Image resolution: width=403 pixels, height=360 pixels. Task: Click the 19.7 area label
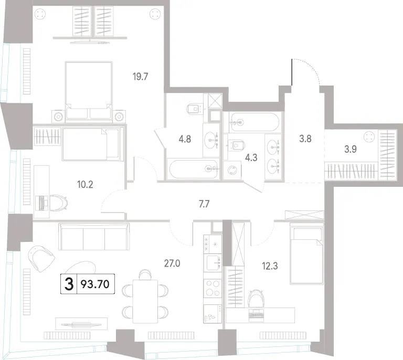pyautogui.click(x=140, y=76)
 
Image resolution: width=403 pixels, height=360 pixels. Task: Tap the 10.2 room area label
pyautogui.click(x=85, y=184)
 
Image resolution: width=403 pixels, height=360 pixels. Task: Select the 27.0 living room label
pyautogui.click(x=172, y=263)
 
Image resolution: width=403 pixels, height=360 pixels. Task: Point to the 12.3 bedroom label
pyautogui.click(x=270, y=266)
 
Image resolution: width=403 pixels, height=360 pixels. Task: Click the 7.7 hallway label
pyautogui.click(x=204, y=204)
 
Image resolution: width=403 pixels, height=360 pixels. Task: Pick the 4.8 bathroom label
pyautogui.click(x=185, y=139)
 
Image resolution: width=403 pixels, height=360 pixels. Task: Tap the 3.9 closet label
pyautogui.click(x=351, y=149)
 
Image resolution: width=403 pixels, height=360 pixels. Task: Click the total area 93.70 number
pyautogui.click(x=95, y=284)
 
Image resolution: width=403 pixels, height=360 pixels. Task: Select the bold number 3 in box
pyautogui.click(x=69, y=284)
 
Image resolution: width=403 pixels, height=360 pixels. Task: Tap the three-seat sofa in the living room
pyautogui.click(x=94, y=236)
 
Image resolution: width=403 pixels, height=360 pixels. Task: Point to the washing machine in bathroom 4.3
pyautogui.click(x=232, y=170)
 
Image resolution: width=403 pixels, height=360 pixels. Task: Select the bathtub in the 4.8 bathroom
pyautogui.click(x=193, y=169)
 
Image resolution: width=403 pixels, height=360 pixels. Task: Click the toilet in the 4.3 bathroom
pyautogui.click(x=235, y=145)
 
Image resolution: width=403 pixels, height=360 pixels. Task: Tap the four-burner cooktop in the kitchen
pyautogui.click(x=213, y=288)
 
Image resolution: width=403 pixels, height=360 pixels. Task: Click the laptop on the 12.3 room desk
pyautogui.click(x=256, y=315)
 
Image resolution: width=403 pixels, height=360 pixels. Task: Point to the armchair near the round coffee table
pyautogui.click(x=41, y=258)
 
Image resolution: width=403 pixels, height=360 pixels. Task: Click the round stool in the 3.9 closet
pyautogui.click(x=369, y=136)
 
